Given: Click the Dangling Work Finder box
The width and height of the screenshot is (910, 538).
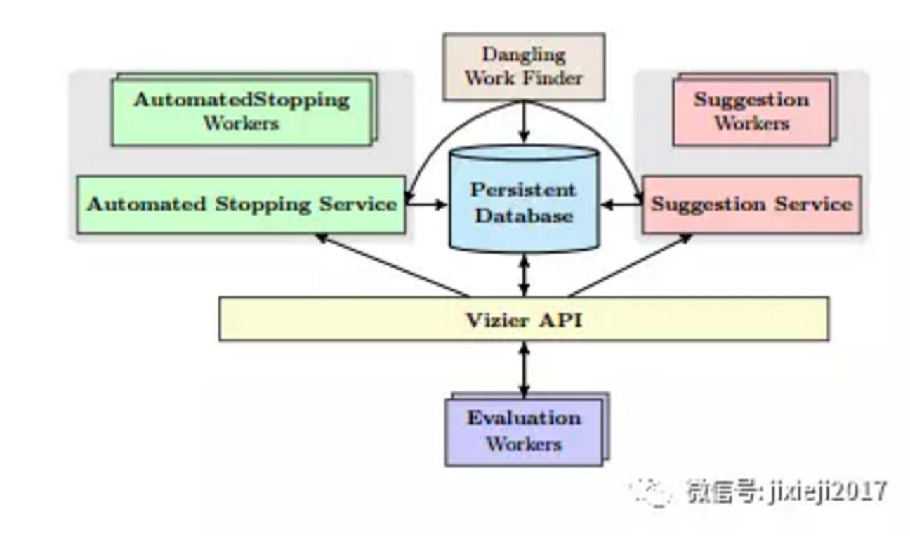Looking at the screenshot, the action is click(524, 67).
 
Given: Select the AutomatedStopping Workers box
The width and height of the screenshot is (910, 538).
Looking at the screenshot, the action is click(244, 110).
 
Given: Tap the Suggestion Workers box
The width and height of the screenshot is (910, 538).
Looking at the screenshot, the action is click(755, 110).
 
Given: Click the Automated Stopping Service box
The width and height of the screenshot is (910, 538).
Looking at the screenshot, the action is click(241, 205).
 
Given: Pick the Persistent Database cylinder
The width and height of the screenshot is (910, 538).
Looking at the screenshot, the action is click(524, 198).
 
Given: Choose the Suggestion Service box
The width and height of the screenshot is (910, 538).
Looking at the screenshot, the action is click(752, 205).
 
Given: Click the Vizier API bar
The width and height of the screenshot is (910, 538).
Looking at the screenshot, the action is click(524, 319).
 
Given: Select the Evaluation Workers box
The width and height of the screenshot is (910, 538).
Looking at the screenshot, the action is click(527, 429).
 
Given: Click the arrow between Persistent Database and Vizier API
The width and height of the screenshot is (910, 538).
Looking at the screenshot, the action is click(524, 275).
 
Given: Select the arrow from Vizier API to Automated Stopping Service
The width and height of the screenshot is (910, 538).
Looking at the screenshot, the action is click(393, 265).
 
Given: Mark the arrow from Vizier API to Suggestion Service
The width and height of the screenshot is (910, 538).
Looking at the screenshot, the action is click(630, 265).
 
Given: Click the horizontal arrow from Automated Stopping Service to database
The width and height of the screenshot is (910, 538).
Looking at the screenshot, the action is click(427, 204).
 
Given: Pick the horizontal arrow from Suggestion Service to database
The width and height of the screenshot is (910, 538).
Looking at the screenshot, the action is click(621, 204).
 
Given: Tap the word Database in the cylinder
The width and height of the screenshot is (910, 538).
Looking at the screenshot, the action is click(524, 216).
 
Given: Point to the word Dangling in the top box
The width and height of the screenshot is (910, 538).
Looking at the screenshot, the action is click(524, 55).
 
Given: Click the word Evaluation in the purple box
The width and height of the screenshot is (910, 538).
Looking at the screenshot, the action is click(524, 418).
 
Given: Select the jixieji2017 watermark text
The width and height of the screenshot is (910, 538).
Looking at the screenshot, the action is click(827, 491).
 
